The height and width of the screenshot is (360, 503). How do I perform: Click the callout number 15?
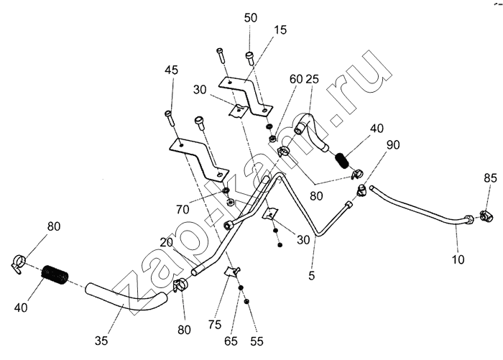[x=280, y=30]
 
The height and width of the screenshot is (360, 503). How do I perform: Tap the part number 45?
[x=171, y=70]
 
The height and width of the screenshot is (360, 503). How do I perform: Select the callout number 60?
[x=296, y=78]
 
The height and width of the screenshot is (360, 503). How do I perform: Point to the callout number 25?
[x=313, y=78]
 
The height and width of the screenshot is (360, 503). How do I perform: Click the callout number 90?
[x=393, y=144]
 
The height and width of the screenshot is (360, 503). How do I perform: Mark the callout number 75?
[x=214, y=324]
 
